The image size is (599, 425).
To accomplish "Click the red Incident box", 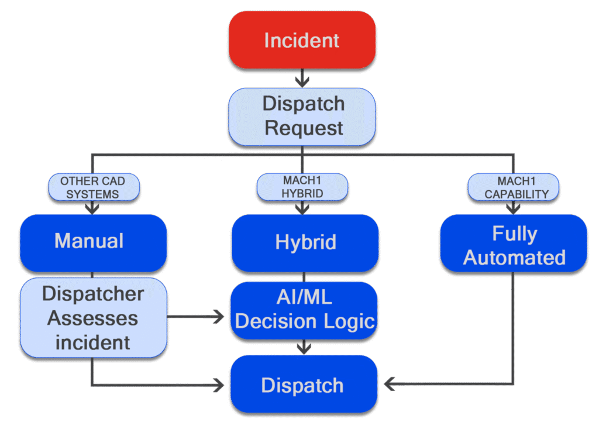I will click(x=302, y=40).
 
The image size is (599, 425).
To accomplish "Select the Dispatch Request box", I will click(x=302, y=116).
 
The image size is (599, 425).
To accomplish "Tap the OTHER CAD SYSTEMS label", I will click(x=92, y=187).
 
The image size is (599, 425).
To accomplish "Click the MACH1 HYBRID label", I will click(x=302, y=187).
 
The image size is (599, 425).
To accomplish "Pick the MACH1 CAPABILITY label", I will click(x=513, y=187).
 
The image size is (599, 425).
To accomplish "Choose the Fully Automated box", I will click(x=513, y=245).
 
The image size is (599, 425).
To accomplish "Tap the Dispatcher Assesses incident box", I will click(x=92, y=318).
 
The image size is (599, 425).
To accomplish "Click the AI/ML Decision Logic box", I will click(x=304, y=310).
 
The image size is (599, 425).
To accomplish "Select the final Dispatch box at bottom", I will click(x=303, y=385).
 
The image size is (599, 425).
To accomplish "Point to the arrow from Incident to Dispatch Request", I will click(x=302, y=78).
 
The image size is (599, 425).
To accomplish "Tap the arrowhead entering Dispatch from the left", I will click(x=218, y=385).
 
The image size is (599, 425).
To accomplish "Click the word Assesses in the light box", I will click(x=92, y=318).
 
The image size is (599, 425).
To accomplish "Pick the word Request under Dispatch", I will click(x=304, y=128).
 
